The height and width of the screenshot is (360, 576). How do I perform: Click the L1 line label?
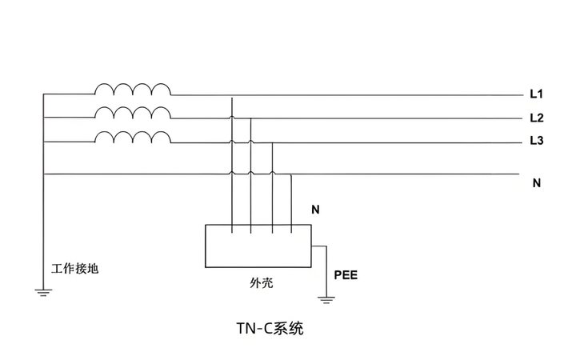(536, 94)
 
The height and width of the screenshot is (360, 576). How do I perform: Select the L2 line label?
(536, 118)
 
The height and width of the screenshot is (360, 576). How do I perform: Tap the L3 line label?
(536, 142)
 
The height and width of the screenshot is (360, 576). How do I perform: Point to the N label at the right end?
(537, 182)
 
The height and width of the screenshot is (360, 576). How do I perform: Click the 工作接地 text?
(74, 269)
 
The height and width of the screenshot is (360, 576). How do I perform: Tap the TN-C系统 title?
(270, 329)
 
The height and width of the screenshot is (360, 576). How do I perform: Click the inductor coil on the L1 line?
(133, 88)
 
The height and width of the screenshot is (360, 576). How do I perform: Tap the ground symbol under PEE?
(325, 301)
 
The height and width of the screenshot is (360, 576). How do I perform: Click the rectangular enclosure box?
(258, 246)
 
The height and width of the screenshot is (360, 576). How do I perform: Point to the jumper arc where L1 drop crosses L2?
(232, 117)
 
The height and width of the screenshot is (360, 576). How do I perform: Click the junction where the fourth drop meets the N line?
(291, 174)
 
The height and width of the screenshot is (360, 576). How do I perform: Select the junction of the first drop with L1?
(232, 95)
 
